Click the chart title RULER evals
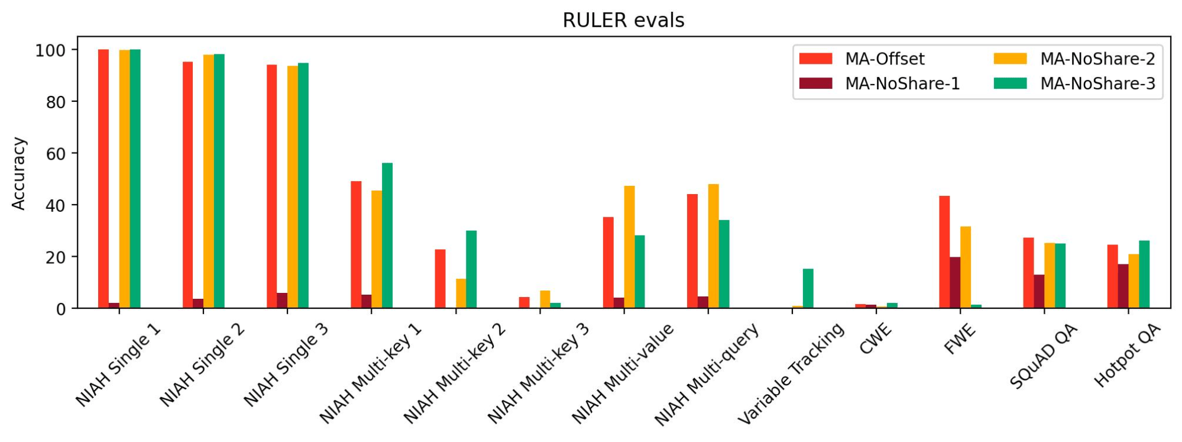coord(623,20)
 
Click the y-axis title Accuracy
coord(19,173)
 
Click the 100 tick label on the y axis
coord(50,50)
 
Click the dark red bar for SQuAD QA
coord(1039,291)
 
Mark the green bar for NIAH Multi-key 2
coord(471,269)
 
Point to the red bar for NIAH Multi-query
coord(692,251)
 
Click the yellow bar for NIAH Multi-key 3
coord(545,299)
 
